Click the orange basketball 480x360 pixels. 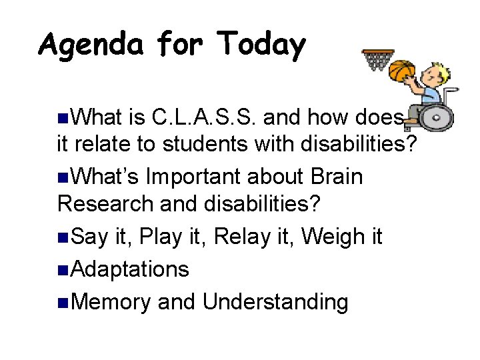[401, 70]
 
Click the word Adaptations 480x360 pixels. [129, 269]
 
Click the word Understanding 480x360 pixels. [275, 302]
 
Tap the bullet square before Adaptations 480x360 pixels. [63, 270]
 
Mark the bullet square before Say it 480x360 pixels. [63, 237]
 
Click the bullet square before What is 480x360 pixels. [63, 119]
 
